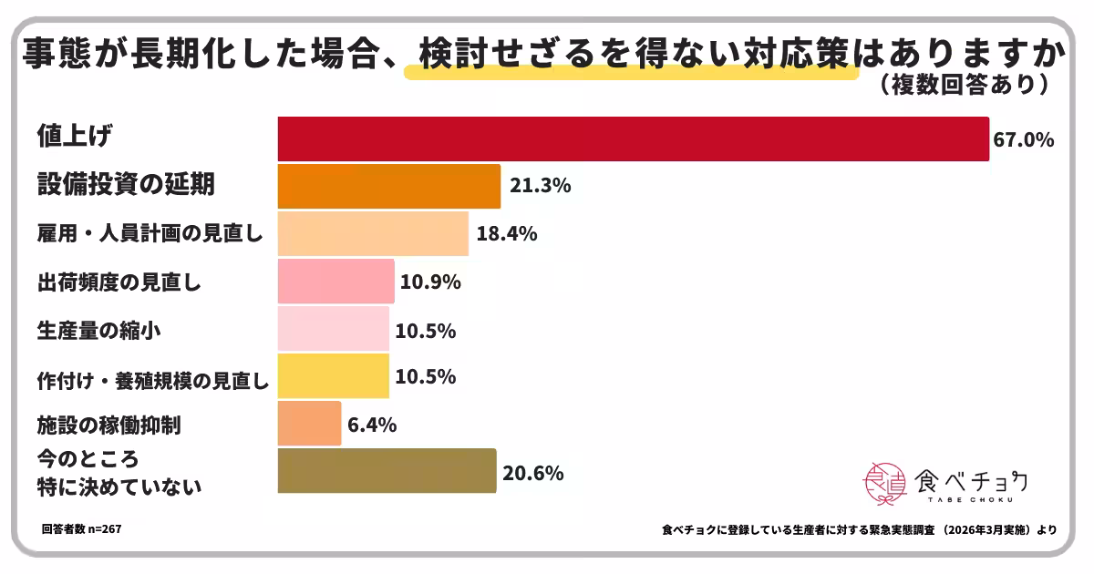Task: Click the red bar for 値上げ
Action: pyautogui.click(x=633, y=139)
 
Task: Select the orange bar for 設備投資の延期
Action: pyautogui.click(x=389, y=186)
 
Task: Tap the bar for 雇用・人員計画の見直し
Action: pyautogui.click(x=373, y=234)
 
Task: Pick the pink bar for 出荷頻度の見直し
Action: pyautogui.click(x=335, y=282)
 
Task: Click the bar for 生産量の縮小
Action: pyautogui.click(x=333, y=329)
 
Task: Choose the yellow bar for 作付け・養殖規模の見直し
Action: pyautogui.click(x=333, y=376)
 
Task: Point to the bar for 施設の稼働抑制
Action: pyautogui.click(x=309, y=424)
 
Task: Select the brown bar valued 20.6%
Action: pyautogui.click(x=387, y=471)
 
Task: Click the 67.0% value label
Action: pyautogui.click(x=1024, y=140)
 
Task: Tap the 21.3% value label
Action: pyautogui.click(x=541, y=187)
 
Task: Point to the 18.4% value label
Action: pyautogui.click(x=506, y=234)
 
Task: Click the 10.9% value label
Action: pyautogui.click(x=430, y=282)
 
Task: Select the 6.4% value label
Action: pyautogui.click(x=373, y=425)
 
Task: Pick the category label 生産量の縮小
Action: pyautogui.click(x=99, y=330)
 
